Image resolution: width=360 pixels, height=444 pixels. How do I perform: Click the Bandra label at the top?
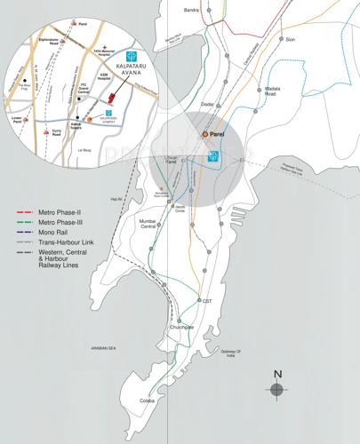[189, 10]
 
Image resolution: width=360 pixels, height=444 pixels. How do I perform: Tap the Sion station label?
[290, 40]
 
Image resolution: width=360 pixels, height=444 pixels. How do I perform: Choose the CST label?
[206, 302]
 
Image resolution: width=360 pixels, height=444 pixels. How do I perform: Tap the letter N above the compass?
[277, 373]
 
